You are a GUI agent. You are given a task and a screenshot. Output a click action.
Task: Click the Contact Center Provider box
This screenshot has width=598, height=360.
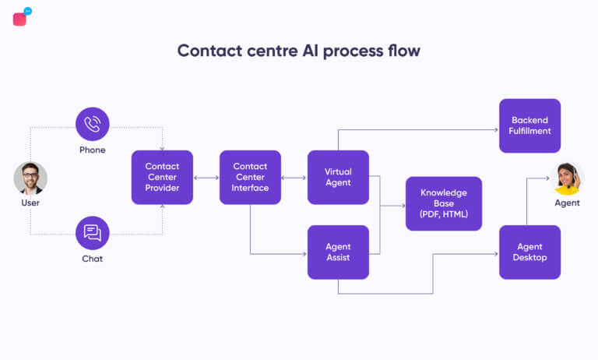(x=162, y=177)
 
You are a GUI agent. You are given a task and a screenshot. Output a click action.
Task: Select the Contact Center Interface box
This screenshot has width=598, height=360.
(x=250, y=177)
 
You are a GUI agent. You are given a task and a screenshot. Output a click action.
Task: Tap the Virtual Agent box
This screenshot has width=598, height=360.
(x=338, y=177)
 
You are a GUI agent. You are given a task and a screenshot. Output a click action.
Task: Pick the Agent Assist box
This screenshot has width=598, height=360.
(x=338, y=252)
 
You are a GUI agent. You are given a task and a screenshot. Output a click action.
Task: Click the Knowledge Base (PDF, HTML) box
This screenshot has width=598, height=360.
(x=443, y=203)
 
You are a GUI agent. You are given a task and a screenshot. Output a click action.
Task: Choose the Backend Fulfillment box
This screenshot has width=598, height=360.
(x=529, y=125)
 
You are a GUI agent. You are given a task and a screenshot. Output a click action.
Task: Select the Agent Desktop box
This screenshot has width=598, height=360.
(x=529, y=252)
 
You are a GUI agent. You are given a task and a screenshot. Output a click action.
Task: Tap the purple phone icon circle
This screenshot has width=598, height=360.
(x=92, y=124)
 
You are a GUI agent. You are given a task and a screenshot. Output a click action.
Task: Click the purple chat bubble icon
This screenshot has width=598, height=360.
(x=92, y=232)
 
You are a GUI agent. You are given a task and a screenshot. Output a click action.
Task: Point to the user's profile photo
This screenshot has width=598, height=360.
(x=30, y=178)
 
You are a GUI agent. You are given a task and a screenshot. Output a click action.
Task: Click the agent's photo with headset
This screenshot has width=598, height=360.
(x=567, y=178)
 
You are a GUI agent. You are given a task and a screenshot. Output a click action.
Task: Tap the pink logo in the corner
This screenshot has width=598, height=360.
(x=21, y=17)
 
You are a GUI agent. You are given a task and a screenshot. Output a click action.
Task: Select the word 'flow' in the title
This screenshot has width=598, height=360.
(x=401, y=51)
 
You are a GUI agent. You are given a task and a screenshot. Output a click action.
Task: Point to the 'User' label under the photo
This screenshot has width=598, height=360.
(x=30, y=203)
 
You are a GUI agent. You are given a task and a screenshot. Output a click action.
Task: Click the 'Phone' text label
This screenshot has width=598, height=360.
(x=92, y=150)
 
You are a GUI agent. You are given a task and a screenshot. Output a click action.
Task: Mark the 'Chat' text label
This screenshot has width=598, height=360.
(x=92, y=258)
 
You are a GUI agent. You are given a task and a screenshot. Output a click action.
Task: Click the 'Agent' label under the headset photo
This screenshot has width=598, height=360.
(x=567, y=203)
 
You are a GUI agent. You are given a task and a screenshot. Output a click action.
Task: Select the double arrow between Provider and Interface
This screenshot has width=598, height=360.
(x=206, y=178)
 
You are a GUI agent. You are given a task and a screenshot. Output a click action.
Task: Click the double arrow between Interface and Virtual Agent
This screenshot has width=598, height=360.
(x=294, y=178)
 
